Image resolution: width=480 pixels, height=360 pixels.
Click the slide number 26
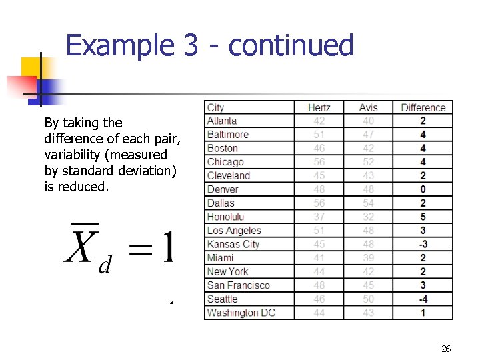pos(446,349)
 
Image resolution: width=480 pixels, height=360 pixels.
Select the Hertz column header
pos(319,107)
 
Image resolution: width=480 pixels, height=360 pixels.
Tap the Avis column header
pos(368,107)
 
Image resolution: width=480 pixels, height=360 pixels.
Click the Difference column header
pos(423,107)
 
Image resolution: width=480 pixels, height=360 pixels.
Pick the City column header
pos(216,107)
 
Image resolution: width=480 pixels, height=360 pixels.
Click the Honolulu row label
pos(225,217)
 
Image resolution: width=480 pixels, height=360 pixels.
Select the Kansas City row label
pos(233,244)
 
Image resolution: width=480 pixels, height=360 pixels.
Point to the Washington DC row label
pos(241,313)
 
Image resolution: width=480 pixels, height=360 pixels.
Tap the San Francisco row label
pos(238,285)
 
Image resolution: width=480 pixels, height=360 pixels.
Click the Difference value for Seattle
pos(423,299)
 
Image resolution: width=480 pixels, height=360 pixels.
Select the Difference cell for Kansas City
pos(423,244)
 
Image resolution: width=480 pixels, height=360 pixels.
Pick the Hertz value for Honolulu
pos(319,217)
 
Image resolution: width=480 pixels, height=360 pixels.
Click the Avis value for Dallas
pos(368,203)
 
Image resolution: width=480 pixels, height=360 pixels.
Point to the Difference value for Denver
pos(423,189)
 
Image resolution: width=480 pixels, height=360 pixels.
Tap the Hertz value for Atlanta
pos(319,121)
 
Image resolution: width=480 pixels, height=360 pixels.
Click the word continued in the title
pos(290,45)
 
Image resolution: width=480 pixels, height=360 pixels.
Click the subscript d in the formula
pos(105,266)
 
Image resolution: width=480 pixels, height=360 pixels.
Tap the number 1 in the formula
pos(167,247)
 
